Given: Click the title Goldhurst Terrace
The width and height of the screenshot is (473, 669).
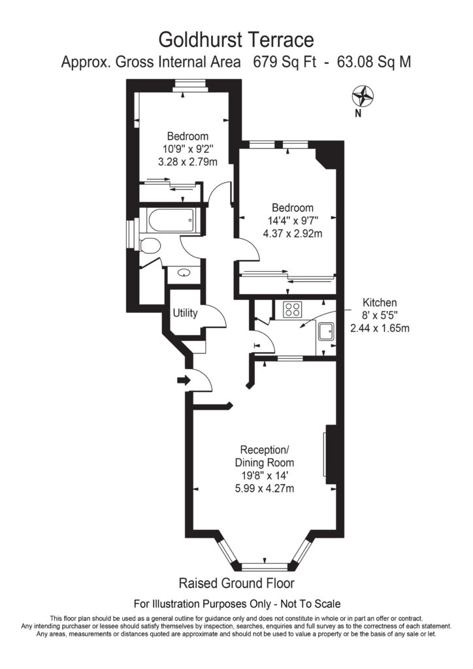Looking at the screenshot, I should click(x=236, y=41).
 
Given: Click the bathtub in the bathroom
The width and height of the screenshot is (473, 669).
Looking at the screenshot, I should click(x=171, y=223).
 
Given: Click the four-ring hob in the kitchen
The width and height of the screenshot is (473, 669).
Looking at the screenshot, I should click(x=293, y=310).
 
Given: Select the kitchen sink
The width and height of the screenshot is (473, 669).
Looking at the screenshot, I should click(x=325, y=334).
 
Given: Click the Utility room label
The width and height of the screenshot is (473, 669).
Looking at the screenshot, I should click(x=185, y=313).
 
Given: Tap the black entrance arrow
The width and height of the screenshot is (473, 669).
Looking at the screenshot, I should click(x=182, y=380).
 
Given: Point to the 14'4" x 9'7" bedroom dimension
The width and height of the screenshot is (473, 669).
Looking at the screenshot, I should click(x=287, y=221).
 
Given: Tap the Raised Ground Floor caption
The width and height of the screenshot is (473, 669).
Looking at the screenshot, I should click(x=236, y=583).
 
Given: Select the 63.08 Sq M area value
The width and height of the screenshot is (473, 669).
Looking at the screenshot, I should click(x=374, y=63).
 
